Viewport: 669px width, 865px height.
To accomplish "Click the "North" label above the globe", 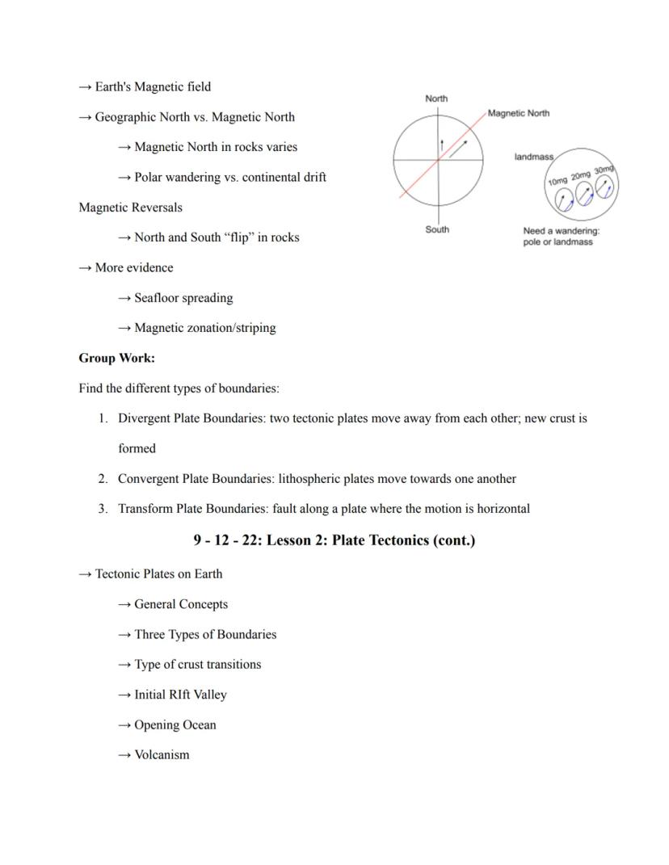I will click(x=436, y=99).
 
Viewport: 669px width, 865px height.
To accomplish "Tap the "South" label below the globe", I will click(x=437, y=229).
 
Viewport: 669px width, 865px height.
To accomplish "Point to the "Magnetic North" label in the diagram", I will click(x=519, y=113).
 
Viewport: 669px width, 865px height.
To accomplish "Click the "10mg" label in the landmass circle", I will click(x=557, y=181).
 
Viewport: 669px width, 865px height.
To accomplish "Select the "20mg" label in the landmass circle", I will click(x=581, y=175).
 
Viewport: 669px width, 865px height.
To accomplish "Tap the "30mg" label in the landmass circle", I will click(x=604, y=170).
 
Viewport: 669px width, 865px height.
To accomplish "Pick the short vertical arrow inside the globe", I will click(x=441, y=145).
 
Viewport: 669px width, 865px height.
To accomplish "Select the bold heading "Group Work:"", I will click(x=116, y=358).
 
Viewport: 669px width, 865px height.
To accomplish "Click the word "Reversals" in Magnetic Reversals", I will click(x=156, y=208).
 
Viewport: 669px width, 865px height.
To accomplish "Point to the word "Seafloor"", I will click(x=158, y=298).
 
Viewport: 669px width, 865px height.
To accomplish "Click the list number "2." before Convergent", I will click(x=103, y=479).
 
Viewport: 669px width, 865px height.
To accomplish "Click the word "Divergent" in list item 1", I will click(x=144, y=418).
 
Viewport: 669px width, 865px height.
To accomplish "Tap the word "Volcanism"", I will click(x=162, y=755).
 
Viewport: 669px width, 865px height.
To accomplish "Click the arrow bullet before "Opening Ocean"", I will click(x=124, y=725).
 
